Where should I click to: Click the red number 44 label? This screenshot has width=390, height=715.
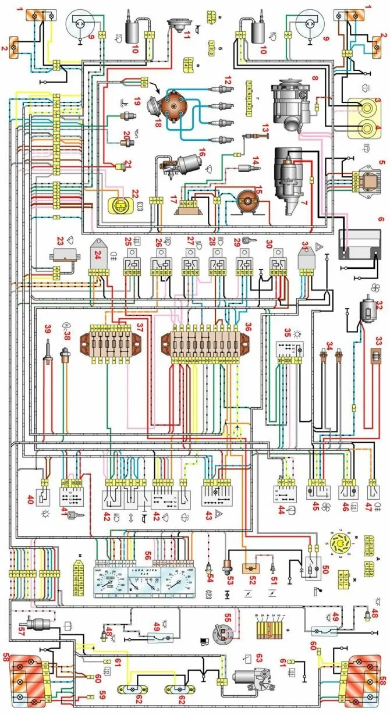click(281, 510)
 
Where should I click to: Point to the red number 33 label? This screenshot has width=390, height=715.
click(378, 340)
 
